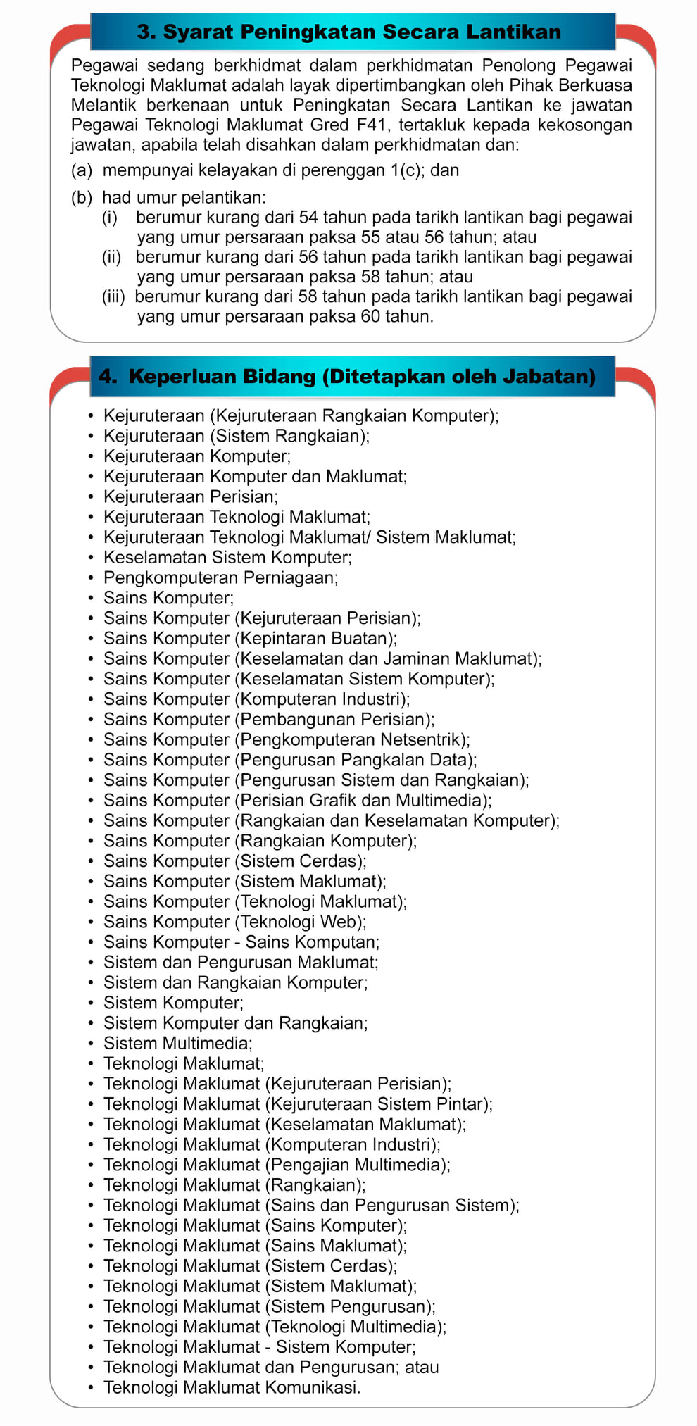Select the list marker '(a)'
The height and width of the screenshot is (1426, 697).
pyautogui.click(x=82, y=170)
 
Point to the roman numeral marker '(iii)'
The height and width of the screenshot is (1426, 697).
pyautogui.click(x=113, y=296)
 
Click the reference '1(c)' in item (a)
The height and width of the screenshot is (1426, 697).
pyautogui.click(x=405, y=170)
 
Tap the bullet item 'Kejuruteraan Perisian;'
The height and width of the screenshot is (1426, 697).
pyautogui.click(x=191, y=496)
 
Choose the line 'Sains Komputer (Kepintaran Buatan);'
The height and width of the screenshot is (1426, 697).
pyautogui.click(x=250, y=638)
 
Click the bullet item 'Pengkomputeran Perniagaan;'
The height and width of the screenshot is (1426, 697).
pyautogui.click(x=220, y=577)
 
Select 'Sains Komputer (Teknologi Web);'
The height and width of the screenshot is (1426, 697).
pyautogui.click(x=235, y=922)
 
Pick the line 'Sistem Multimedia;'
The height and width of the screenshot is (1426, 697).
pyautogui.click(x=177, y=1043)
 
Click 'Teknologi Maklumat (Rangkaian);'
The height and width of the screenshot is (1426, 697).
pyautogui.click(x=234, y=1184)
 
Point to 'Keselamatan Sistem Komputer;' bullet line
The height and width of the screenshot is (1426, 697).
pyautogui.click(x=227, y=557)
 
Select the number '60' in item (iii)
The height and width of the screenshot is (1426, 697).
pyautogui.click(x=370, y=316)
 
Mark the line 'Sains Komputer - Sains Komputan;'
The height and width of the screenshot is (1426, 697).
pyautogui.click(x=241, y=942)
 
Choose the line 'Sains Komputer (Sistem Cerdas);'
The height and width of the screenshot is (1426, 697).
pyautogui.click(x=235, y=861)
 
